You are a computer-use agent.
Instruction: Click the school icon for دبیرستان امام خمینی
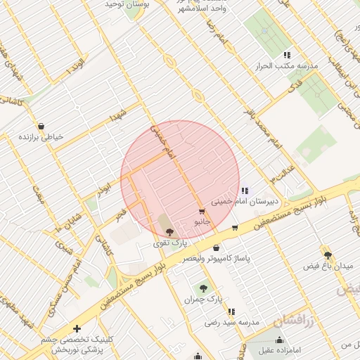tap(244, 191)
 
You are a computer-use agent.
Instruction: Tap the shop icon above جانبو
tap(202, 212)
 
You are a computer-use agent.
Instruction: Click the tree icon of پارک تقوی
tap(169, 232)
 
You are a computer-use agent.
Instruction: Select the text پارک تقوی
tap(169, 243)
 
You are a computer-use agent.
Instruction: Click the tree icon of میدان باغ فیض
tap(328, 255)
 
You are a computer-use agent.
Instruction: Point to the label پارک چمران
tap(203, 300)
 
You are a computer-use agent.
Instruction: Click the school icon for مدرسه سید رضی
tap(231, 311)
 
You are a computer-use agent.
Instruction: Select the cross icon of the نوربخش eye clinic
tap(76, 328)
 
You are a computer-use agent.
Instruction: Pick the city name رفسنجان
tap(296, 322)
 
